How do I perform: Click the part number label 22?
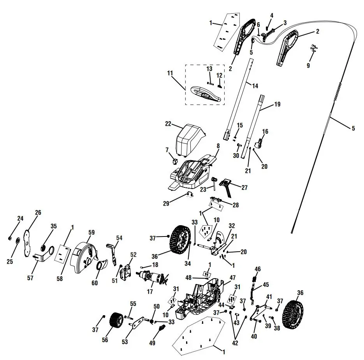pyautogui.click(x=168, y=124)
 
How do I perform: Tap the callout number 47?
pyautogui.click(x=232, y=278)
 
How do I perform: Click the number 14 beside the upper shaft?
pyautogui.click(x=255, y=85)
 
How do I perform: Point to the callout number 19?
pyautogui.click(x=277, y=104)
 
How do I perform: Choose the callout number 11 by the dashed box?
pyautogui.click(x=170, y=73)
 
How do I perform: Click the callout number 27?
pyautogui.click(x=244, y=187)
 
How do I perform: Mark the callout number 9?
pyautogui.click(x=308, y=65)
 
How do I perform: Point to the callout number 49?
pyautogui.click(x=152, y=343)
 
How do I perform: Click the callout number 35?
pyautogui.click(x=54, y=226)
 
